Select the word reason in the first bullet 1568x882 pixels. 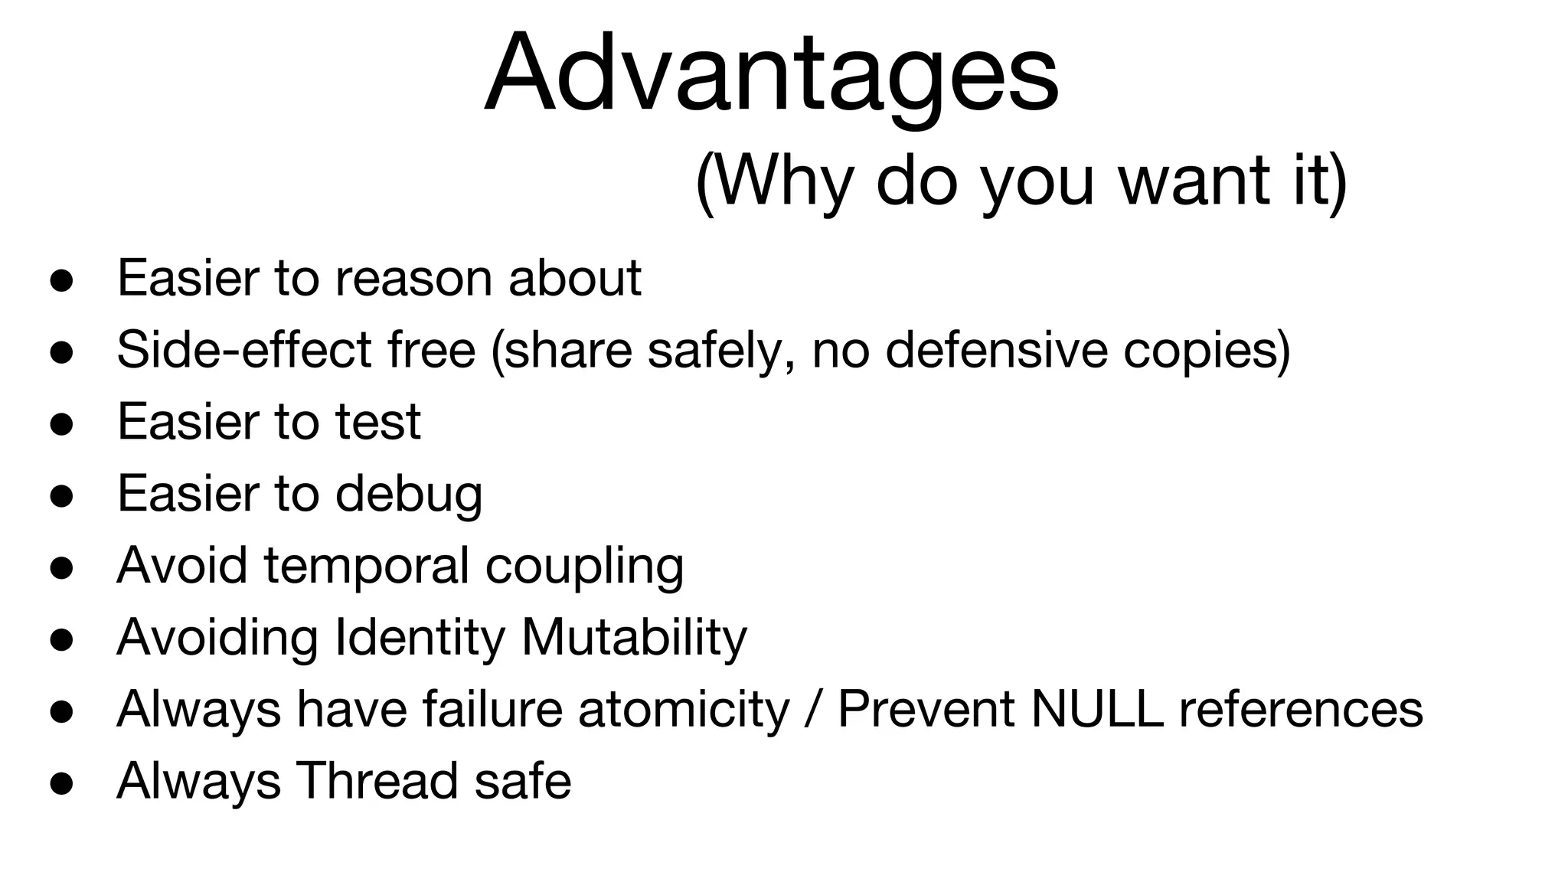(413, 278)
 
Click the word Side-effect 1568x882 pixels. (244, 350)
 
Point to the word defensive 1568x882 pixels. (996, 350)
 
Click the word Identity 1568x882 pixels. (420, 638)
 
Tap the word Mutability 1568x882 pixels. (634, 638)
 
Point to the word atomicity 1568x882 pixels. (683, 710)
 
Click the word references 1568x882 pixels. (1301, 710)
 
